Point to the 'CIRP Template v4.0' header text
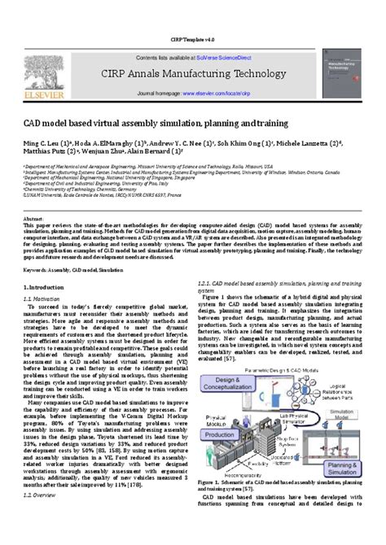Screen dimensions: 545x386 pyautogui.click(x=193, y=40)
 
